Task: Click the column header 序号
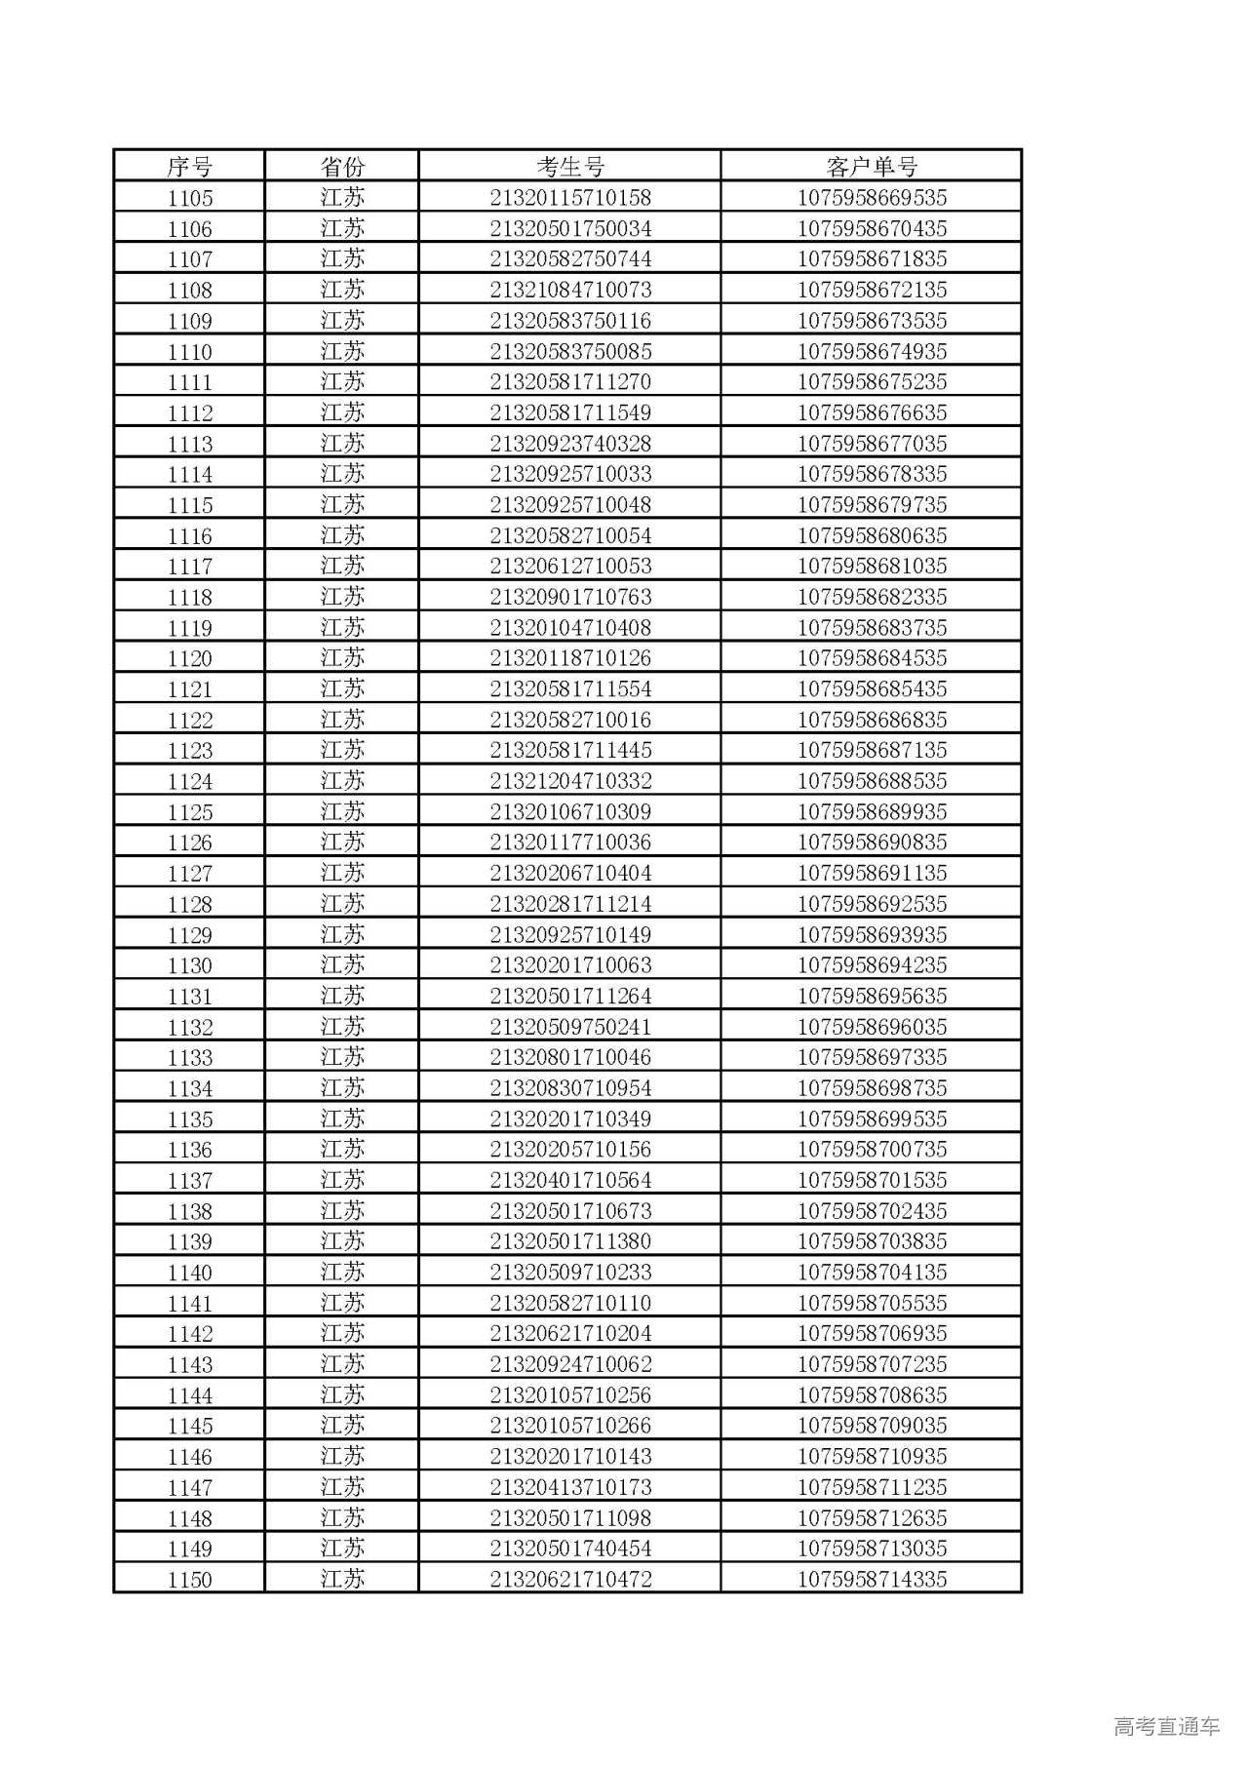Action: [x=189, y=167]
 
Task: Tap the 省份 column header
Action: [x=342, y=167]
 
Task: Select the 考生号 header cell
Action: [x=570, y=167]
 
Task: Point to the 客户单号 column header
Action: [x=872, y=167]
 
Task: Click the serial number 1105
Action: [x=189, y=198]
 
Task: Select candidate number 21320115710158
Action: [x=570, y=198]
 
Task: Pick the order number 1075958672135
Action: [x=872, y=290]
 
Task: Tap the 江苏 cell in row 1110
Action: [x=342, y=351]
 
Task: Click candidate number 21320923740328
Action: [x=570, y=444]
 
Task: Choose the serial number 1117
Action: [x=189, y=567]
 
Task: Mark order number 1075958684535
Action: [x=872, y=658]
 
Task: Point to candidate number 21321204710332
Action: [x=570, y=781]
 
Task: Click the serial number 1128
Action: [x=189, y=904]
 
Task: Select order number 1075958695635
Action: [x=872, y=997]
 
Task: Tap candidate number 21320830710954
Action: [x=570, y=1088]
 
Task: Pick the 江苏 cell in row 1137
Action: [x=342, y=1180]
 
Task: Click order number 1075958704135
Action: [x=872, y=1273]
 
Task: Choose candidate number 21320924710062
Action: [x=570, y=1364]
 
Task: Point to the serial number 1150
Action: [x=189, y=1580]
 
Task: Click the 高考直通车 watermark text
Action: [x=1166, y=1726]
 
